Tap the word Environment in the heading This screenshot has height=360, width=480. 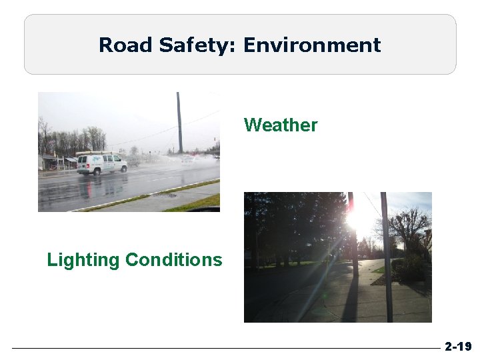tap(312, 45)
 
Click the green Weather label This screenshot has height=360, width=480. tap(281, 125)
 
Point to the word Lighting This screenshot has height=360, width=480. tap(83, 259)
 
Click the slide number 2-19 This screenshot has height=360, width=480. tap(458, 347)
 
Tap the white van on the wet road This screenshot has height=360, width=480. tap(101, 163)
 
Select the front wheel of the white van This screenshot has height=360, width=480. tap(115, 169)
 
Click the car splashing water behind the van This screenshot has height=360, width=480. tap(189, 159)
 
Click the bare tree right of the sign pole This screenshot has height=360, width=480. tap(411, 230)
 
